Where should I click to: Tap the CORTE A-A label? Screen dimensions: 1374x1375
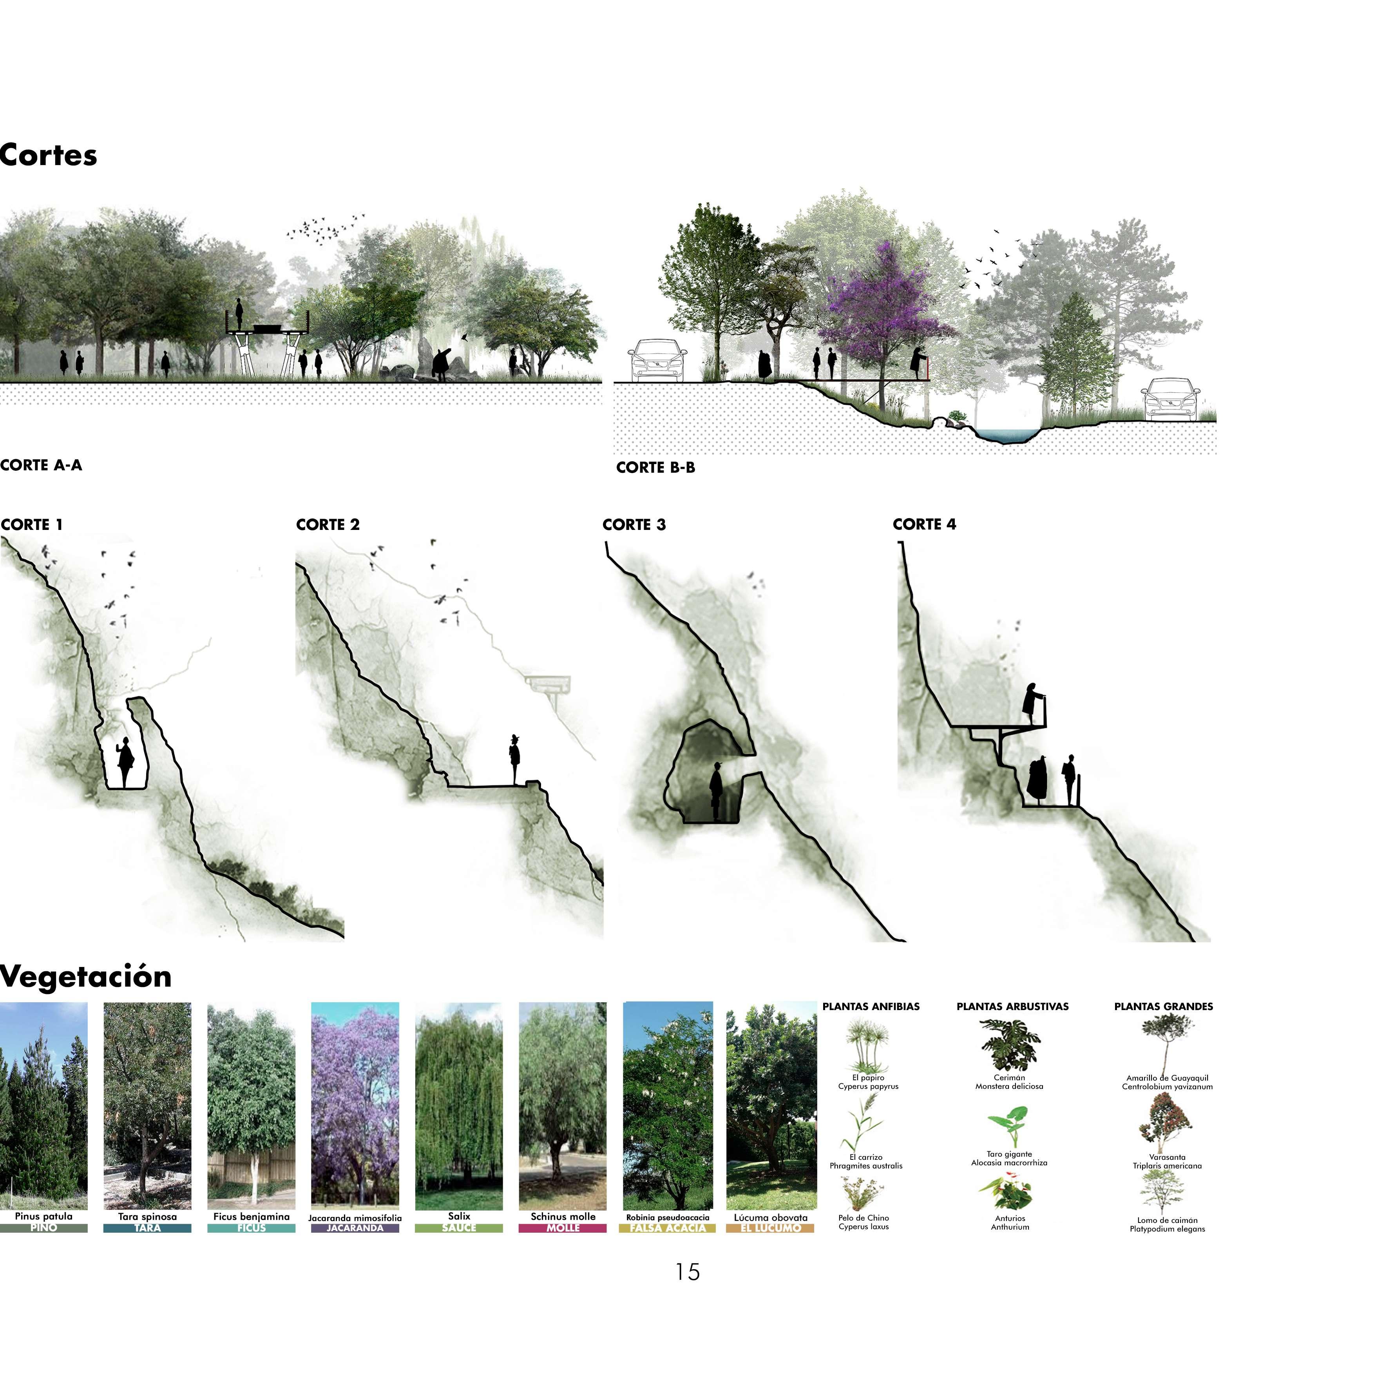tap(41, 465)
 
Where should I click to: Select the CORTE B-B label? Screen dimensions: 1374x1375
tap(655, 468)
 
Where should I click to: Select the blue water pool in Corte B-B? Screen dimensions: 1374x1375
tap(1005, 435)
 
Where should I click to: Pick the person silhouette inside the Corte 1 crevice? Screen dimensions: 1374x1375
tap(125, 762)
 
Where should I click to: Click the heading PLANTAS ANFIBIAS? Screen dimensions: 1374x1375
tap(871, 1006)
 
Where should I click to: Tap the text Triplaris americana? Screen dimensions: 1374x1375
tap(1167, 1166)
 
